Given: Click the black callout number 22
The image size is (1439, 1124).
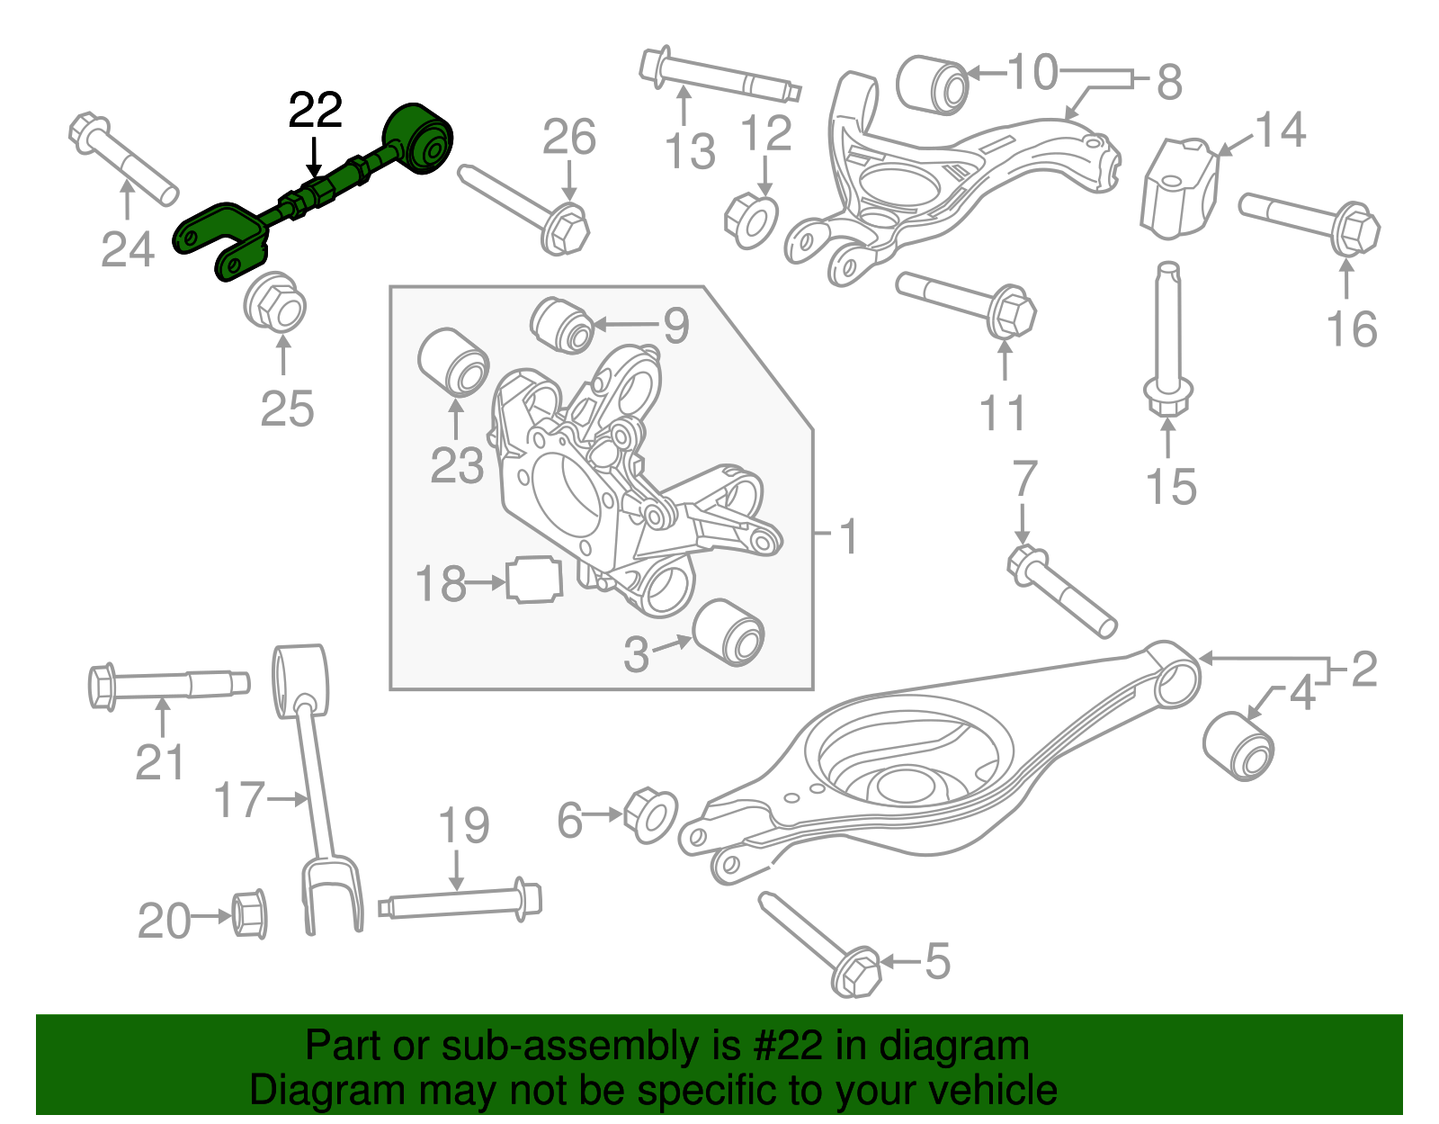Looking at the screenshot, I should point(315,111).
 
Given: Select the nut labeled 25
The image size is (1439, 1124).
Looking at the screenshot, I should point(275,303).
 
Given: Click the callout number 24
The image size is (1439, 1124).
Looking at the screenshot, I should point(127,249).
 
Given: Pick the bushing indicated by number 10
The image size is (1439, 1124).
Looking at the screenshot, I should point(933,85).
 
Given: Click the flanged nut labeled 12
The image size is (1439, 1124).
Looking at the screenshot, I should point(751,220).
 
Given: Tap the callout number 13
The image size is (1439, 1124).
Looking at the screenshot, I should point(690,150).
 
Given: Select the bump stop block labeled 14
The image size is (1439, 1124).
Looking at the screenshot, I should point(1179,187).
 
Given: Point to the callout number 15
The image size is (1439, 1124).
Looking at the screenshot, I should point(1171,487).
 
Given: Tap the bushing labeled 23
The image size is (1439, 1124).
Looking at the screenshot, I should point(454,362).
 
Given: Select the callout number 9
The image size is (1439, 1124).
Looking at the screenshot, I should point(676,325).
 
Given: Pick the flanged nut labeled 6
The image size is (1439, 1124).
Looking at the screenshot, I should point(649,814).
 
